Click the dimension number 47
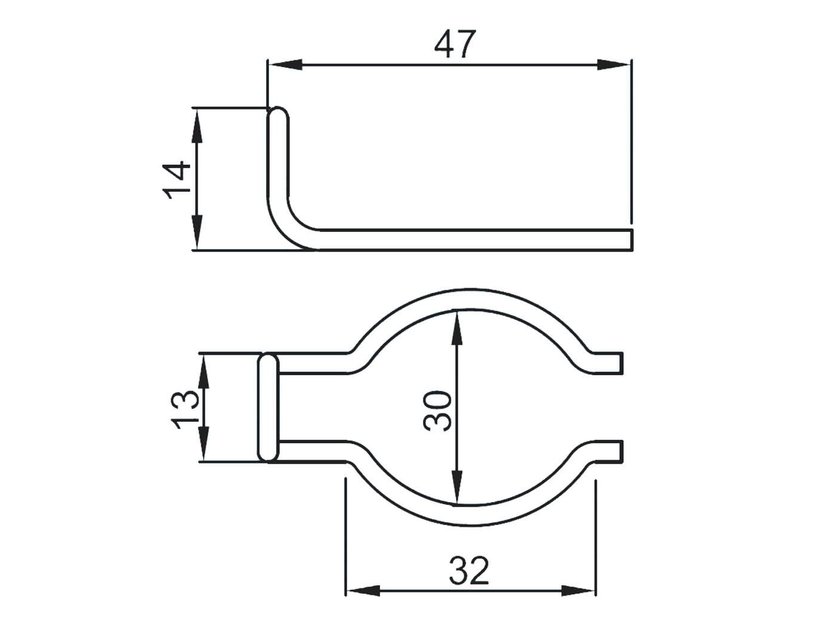(455, 44)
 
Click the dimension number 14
(177, 180)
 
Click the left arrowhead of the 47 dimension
(284, 64)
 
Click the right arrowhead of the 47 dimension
(613, 64)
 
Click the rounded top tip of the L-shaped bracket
(277, 113)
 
